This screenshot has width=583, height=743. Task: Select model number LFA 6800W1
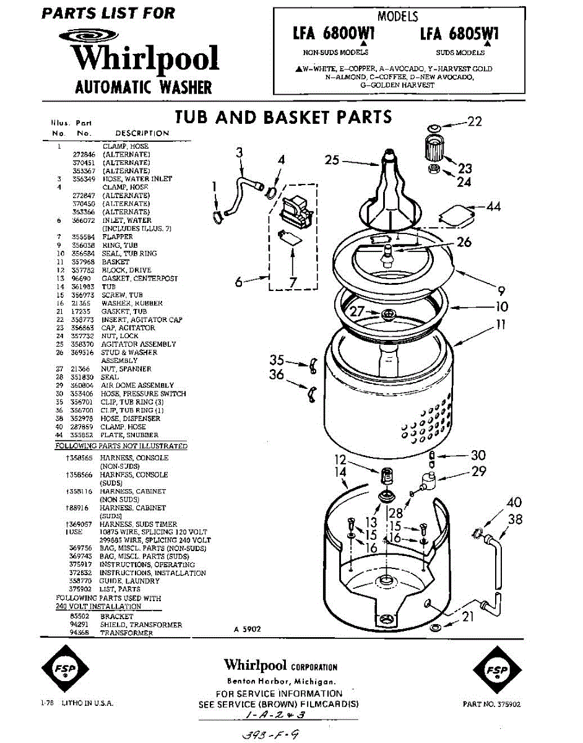coord(334,35)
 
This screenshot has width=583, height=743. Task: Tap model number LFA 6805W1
coord(459,35)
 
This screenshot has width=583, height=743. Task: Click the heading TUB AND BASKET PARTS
coord(283,117)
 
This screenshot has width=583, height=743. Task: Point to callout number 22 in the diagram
coord(474,122)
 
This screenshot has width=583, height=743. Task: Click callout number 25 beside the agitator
coord(332,160)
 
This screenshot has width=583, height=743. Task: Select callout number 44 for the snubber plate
coord(493,207)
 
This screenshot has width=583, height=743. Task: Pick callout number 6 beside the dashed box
coord(238,282)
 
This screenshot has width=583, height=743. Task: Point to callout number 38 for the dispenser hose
coord(516,520)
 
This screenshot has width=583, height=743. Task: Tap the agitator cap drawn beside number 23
coord(434,149)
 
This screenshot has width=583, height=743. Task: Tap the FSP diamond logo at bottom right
coord(496,671)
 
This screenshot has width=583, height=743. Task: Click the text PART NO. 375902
coord(492,704)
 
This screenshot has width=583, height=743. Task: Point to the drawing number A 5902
coord(248,629)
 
